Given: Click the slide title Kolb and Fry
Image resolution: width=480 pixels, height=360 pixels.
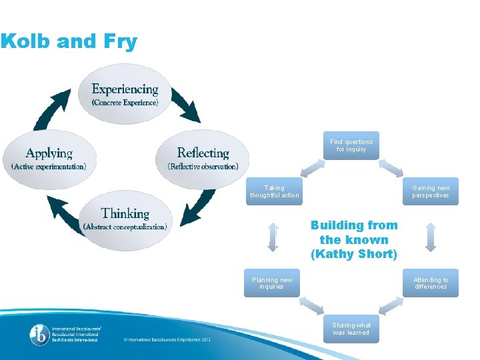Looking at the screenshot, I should (x=69, y=42).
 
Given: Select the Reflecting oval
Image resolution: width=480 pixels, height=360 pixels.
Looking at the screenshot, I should (x=203, y=158).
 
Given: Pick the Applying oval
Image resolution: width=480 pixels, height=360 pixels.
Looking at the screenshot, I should (x=49, y=158).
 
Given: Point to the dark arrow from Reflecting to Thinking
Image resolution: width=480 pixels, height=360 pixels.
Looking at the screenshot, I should (x=198, y=207).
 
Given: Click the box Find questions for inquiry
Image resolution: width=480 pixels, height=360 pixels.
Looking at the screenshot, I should (x=351, y=145).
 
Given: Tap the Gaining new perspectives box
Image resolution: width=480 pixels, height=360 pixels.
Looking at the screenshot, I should (x=431, y=191).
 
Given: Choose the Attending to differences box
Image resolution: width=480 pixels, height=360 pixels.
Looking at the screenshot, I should (x=431, y=283).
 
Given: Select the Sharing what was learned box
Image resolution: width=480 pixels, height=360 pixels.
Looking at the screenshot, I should (x=351, y=329).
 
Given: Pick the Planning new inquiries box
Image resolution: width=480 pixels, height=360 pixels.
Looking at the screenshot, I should (x=272, y=283).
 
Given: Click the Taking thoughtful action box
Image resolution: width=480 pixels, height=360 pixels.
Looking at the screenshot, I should (x=273, y=191).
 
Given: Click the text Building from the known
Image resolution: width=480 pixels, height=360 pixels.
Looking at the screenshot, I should (x=353, y=232).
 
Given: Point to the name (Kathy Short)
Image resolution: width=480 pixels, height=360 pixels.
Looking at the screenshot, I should (x=353, y=254).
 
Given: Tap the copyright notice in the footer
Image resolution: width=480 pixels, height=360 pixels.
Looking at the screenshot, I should (x=167, y=339).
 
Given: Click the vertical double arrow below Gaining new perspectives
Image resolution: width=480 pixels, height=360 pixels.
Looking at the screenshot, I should (x=431, y=237).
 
